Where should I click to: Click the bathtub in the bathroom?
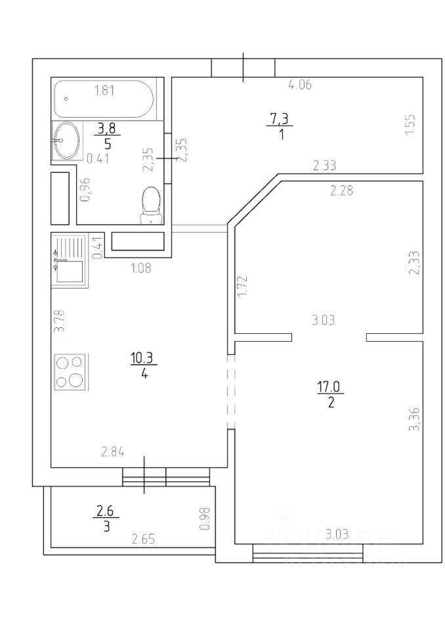pos(104,99)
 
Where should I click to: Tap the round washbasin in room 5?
pos(66,140)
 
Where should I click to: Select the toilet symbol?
pos(152,204)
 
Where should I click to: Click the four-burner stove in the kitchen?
pos(70,372)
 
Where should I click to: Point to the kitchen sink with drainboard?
pos(69,261)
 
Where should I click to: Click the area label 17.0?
pos(329,386)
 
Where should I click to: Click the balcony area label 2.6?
pos(104,511)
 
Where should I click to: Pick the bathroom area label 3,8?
pos(107,129)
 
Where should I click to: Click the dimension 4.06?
pos(300,85)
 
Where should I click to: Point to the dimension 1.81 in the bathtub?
pos(104,91)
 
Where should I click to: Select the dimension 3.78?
pos(60,320)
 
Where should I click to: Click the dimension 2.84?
pos(113,452)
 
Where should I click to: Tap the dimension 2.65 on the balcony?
pos(144,538)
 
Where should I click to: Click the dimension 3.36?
pos(414,419)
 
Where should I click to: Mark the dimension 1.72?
pos(242,286)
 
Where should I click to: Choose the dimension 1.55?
pos(410,125)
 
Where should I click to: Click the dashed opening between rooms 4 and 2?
pos(231,391)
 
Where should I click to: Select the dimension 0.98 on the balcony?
pos(205,519)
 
